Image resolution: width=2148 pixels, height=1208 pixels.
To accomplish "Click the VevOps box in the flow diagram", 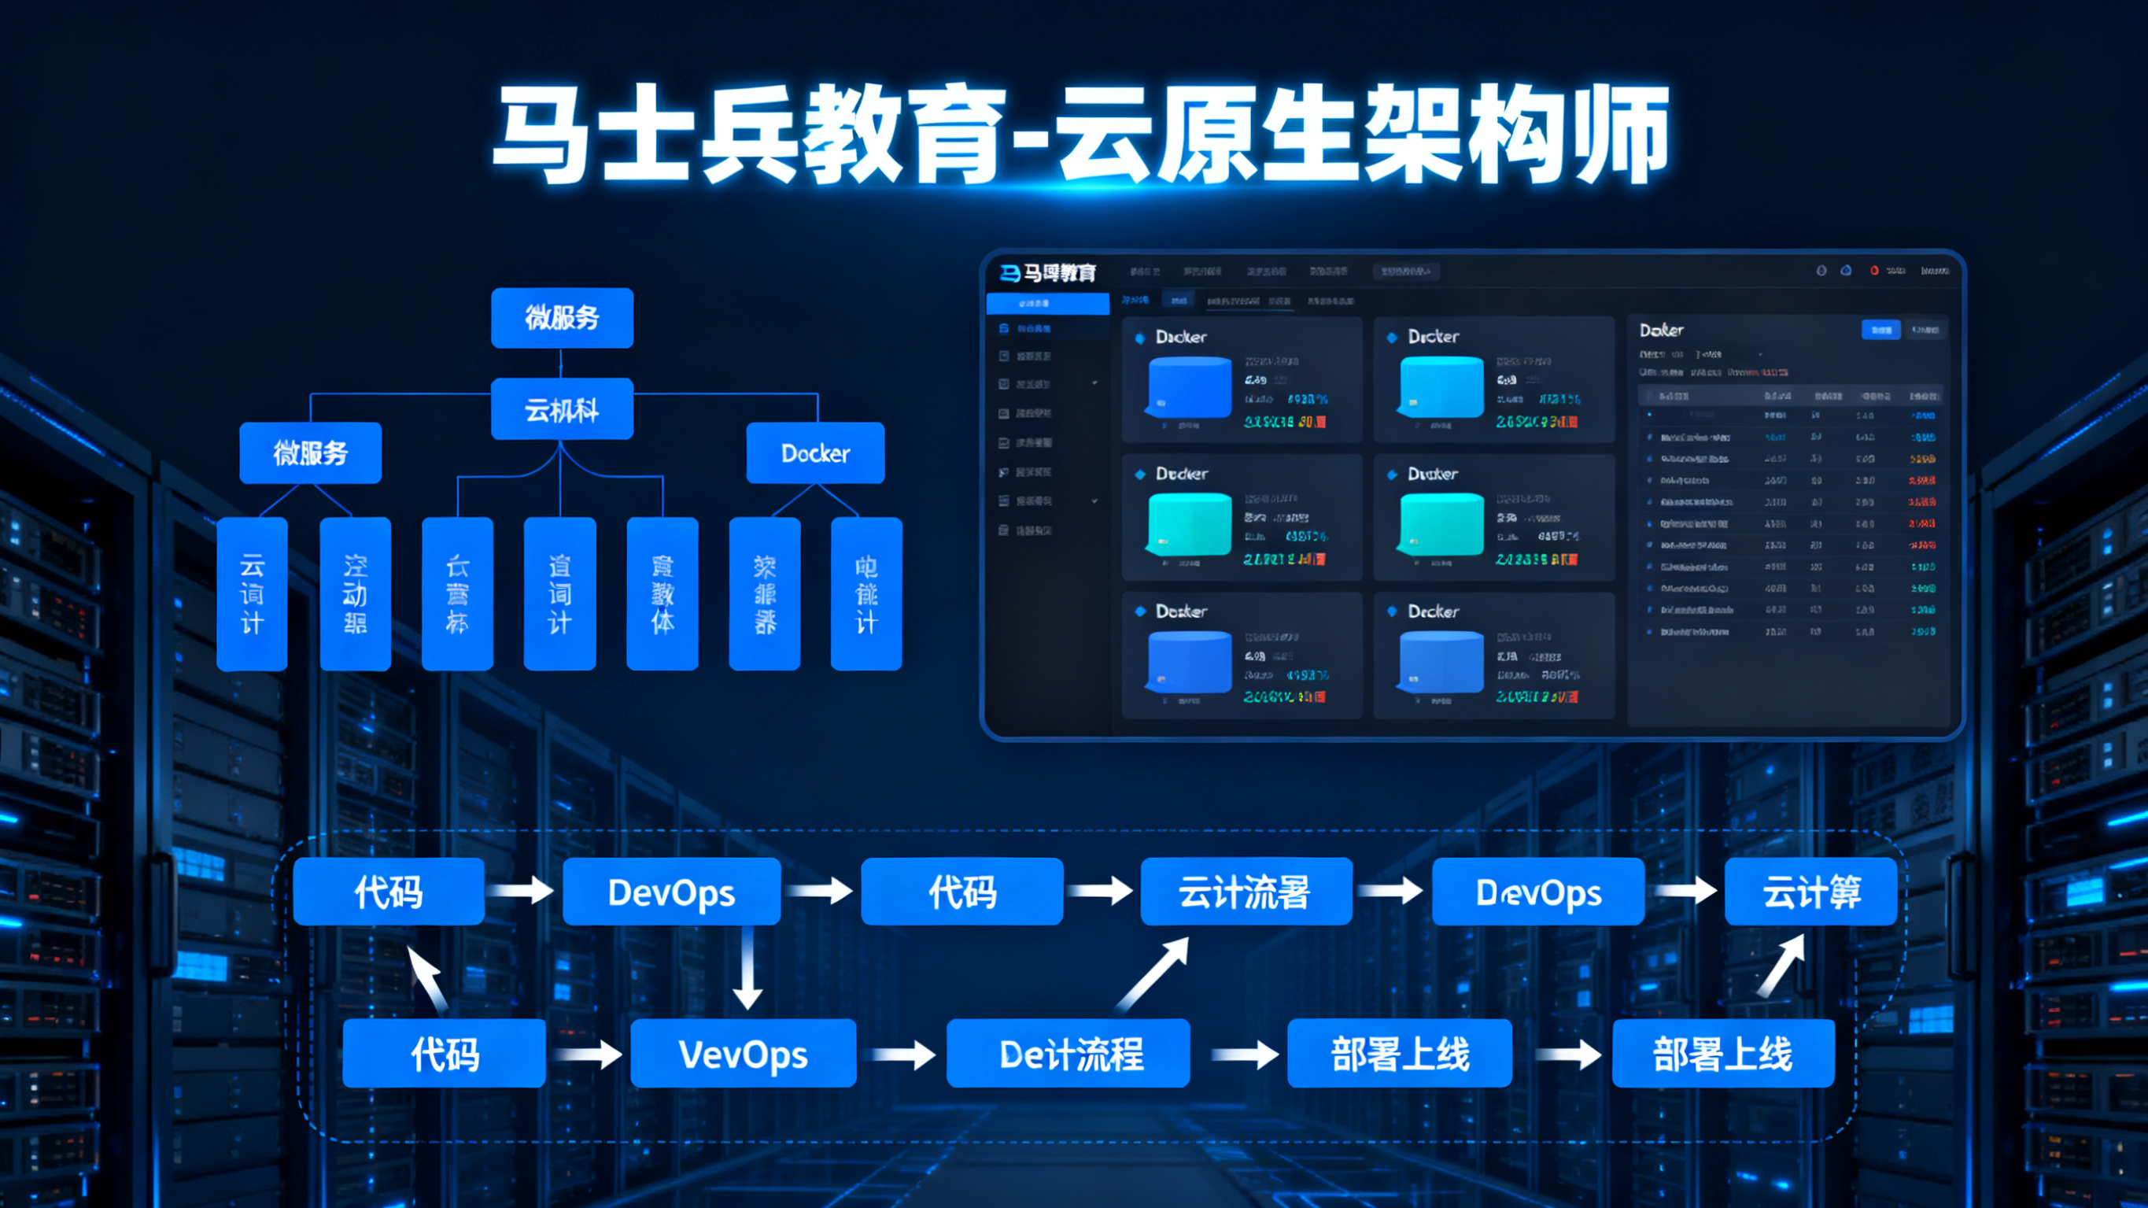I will [743, 1054].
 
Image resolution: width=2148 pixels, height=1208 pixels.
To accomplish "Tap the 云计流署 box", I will [1246, 892].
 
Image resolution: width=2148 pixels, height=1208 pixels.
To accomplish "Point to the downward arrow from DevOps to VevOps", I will [747, 968].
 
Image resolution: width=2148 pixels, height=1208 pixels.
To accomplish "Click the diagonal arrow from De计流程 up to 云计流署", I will [1153, 973].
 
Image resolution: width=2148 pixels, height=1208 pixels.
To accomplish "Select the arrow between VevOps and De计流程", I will [902, 1055].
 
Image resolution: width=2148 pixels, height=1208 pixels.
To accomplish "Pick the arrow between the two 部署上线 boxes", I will [1567, 1055].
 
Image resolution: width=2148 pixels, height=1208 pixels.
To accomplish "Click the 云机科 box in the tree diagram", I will [562, 408].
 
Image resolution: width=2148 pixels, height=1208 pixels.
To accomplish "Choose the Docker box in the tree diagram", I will [814, 453].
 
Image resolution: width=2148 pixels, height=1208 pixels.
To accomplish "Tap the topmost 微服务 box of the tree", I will [562, 318].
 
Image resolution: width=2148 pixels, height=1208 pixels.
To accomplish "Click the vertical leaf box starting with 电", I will [866, 593].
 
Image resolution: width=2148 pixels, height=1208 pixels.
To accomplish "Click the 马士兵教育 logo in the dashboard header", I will [1048, 273].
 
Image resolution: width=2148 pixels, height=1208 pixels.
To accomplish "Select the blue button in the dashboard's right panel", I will [1880, 330].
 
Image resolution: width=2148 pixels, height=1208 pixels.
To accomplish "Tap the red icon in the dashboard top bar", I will [1873, 270].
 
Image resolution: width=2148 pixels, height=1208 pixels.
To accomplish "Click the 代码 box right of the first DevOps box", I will [961, 892].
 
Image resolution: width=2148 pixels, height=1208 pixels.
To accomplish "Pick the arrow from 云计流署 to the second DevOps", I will [1391, 890].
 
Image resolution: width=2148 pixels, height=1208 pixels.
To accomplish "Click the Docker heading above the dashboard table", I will [1661, 331].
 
